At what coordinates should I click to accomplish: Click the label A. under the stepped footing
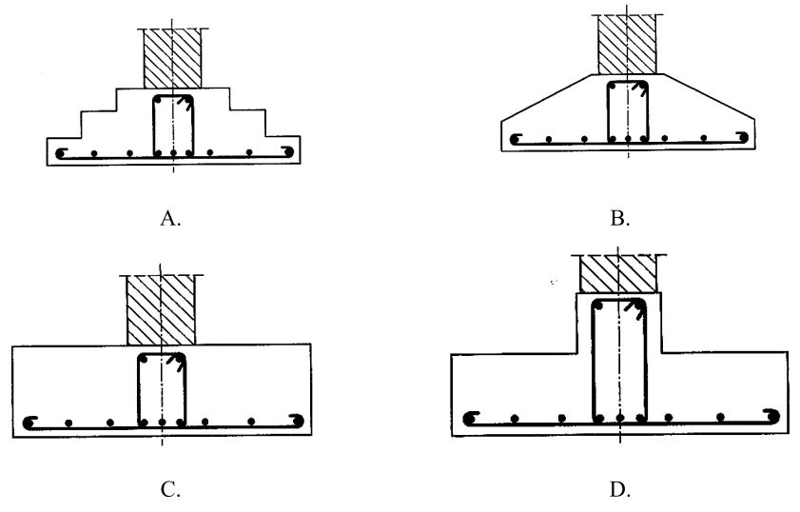click(x=171, y=218)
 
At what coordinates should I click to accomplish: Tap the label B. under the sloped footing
click(x=619, y=219)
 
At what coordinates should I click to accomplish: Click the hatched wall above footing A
click(x=172, y=58)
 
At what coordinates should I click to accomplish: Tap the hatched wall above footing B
click(x=626, y=44)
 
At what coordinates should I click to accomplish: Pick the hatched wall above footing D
click(x=618, y=274)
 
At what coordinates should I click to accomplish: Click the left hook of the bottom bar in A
click(x=61, y=154)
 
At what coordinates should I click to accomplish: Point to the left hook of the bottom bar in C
click(x=29, y=423)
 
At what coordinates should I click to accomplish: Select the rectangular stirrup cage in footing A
click(x=173, y=124)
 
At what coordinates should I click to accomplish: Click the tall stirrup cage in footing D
click(x=619, y=359)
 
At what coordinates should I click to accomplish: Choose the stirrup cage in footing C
click(x=162, y=388)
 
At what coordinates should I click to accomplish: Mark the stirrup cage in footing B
click(x=627, y=110)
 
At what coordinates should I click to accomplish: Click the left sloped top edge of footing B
click(x=546, y=96)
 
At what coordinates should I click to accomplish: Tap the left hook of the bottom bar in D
click(x=470, y=418)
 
